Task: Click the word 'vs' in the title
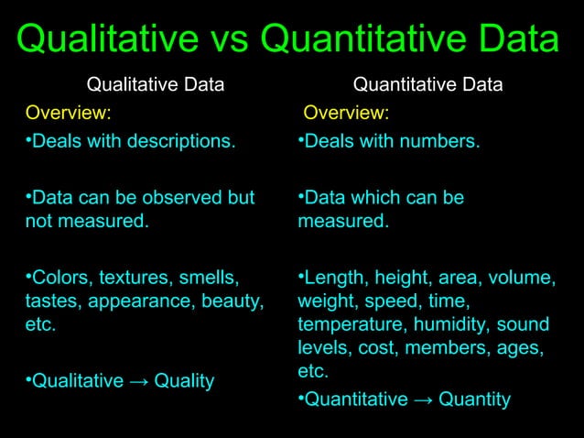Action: click(x=233, y=40)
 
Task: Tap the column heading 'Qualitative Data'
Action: click(x=156, y=86)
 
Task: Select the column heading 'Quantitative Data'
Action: click(x=427, y=86)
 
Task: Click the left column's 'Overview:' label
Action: click(x=69, y=114)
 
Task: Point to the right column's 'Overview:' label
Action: click(x=346, y=114)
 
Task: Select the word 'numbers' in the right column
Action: click(x=442, y=143)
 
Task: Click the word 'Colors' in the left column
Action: click(x=59, y=277)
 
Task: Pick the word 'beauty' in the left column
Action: click(x=233, y=301)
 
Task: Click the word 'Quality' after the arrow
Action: click(x=184, y=380)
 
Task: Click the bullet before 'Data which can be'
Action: click(x=301, y=196)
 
